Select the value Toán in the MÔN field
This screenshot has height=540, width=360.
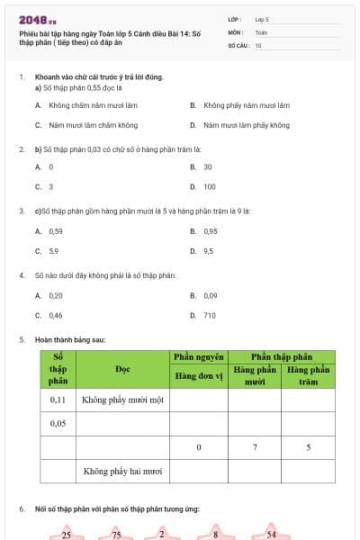[261, 31]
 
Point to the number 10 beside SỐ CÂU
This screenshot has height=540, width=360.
[258, 44]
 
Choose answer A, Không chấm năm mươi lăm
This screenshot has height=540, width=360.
[87, 104]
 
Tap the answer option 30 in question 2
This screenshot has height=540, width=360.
[208, 166]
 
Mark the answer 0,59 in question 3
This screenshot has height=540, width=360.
[55, 231]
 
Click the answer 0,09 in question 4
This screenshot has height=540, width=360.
[210, 295]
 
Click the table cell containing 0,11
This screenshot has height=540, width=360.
[58, 399]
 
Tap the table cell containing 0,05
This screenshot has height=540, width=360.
[58, 423]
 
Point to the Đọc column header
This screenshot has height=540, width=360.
[123, 369]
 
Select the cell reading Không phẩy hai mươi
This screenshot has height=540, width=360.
[122, 471]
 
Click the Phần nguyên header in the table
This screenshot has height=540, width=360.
[198, 357]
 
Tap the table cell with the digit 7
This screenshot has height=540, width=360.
[255, 447]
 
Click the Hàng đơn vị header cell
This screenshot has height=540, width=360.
[198, 375]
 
